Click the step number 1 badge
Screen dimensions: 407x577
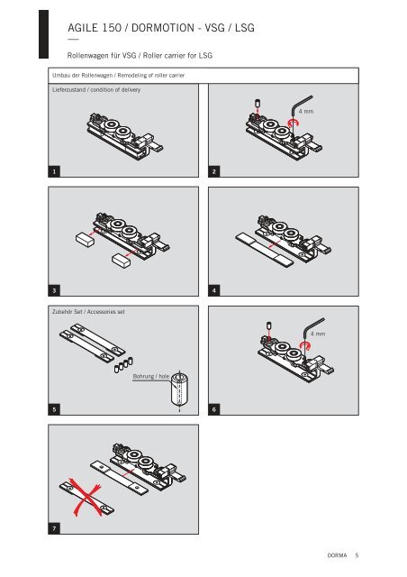point(54,171)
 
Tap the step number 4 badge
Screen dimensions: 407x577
point(214,290)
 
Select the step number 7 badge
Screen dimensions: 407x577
point(54,529)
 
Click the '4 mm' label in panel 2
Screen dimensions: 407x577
point(306,111)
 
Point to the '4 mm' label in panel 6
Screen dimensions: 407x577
point(318,334)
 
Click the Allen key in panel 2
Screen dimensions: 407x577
point(300,110)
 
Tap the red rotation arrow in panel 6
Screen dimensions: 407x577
point(305,345)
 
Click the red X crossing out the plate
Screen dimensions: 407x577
point(86,496)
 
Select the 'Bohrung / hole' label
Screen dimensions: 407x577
point(151,377)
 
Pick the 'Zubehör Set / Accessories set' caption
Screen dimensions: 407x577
point(88,312)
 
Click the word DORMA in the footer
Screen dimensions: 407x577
point(337,555)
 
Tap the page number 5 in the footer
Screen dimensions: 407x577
point(357,555)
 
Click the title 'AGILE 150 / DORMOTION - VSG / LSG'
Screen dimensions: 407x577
point(161,28)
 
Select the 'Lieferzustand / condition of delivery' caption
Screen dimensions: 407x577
point(96,90)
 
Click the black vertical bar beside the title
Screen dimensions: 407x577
point(44,34)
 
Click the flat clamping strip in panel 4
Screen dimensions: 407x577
point(265,250)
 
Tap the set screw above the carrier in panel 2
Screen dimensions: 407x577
point(257,103)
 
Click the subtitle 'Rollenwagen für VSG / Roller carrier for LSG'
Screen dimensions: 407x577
point(140,56)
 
